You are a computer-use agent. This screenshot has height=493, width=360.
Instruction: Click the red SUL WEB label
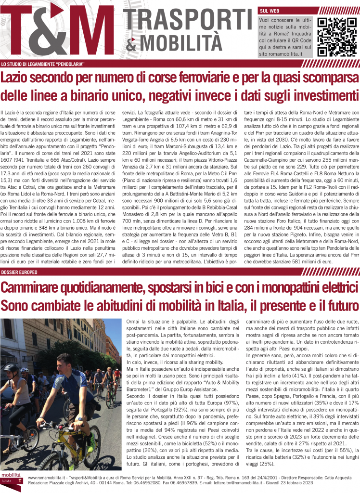tap(269, 10)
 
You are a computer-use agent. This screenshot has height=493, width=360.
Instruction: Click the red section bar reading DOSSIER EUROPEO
tap(19, 272)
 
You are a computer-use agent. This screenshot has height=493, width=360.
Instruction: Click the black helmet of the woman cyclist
tap(11, 368)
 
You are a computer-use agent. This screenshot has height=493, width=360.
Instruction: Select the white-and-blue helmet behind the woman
tap(25, 370)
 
